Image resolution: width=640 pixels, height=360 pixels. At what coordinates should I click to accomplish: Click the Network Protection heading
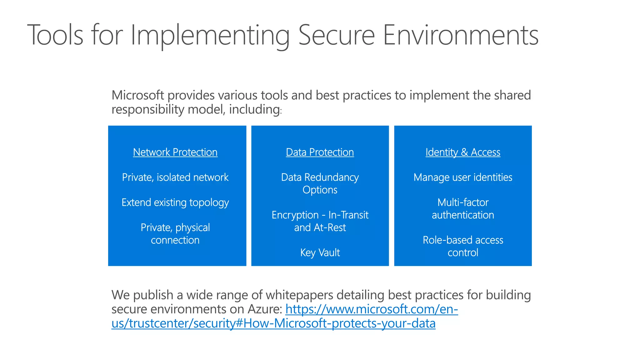(175, 152)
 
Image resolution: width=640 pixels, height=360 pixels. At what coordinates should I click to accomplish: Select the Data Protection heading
(320, 152)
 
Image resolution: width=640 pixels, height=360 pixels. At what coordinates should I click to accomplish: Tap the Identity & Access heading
(463, 152)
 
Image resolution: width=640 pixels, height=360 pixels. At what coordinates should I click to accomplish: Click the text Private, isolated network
(175, 177)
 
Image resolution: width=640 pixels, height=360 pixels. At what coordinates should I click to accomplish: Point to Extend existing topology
(175, 203)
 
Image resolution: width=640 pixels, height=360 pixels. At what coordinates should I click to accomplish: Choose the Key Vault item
(320, 252)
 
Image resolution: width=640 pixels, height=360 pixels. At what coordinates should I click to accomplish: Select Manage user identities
(463, 177)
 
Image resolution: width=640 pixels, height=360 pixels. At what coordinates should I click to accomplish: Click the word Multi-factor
(463, 202)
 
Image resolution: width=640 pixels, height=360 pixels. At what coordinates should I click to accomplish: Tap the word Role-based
(443, 240)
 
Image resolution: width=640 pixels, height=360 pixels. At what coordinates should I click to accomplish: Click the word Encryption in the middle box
(295, 215)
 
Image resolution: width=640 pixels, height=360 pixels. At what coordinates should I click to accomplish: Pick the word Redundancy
(331, 177)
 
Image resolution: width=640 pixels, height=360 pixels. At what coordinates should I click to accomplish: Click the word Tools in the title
(55, 35)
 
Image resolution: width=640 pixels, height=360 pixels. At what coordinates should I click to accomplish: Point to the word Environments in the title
(460, 35)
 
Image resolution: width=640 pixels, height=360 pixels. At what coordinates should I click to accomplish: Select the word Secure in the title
(336, 35)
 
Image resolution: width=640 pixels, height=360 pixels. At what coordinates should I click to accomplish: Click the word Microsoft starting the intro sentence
(137, 95)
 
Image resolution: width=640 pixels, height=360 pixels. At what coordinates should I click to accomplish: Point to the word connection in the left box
(175, 240)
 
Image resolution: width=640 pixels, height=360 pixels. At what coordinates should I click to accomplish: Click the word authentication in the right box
(463, 215)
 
